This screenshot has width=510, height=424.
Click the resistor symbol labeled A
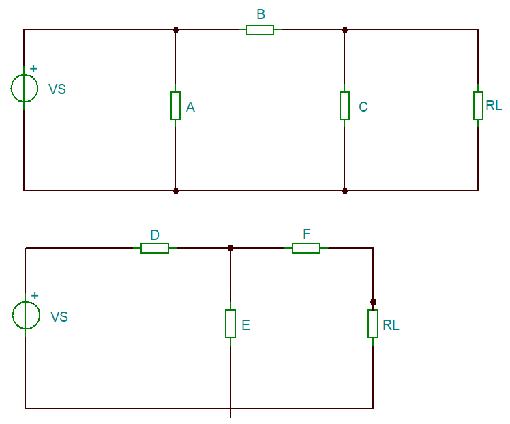[x=175, y=106]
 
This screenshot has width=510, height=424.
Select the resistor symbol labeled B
[x=260, y=29]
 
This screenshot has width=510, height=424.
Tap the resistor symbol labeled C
[x=344, y=106]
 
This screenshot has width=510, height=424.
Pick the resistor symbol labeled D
[x=155, y=248]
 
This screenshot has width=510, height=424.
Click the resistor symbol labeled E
[x=230, y=324]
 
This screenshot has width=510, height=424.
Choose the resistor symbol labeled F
[x=306, y=248]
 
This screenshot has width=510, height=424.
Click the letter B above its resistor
[x=260, y=14]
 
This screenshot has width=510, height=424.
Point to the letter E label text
[x=246, y=325]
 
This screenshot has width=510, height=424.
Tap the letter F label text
[x=307, y=234]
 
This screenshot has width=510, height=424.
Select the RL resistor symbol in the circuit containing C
[x=478, y=106]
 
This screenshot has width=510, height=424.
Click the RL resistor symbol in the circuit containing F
[x=373, y=324]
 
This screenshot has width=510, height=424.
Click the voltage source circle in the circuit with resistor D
[x=26, y=315]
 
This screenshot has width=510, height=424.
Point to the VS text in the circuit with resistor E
[x=59, y=317]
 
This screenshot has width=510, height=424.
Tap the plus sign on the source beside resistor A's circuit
[x=33, y=69]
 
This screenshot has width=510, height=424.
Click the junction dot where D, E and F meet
[x=230, y=248]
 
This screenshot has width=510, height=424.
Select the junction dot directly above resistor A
[x=176, y=29]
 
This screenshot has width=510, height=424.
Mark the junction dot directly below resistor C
[x=344, y=190]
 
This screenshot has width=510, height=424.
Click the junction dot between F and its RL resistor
[x=373, y=301]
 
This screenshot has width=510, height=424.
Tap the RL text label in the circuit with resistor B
[x=494, y=106]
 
